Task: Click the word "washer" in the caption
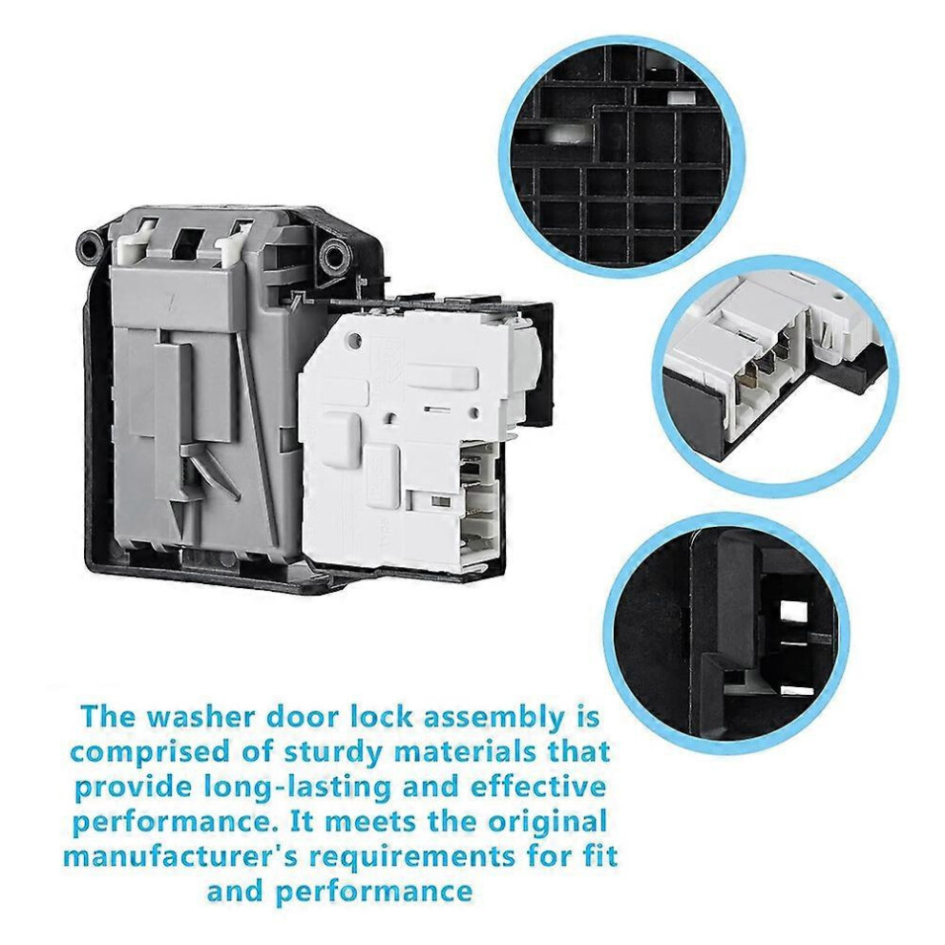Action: [190, 717]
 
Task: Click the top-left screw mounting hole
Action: [90, 245]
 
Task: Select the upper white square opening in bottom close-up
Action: [794, 614]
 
